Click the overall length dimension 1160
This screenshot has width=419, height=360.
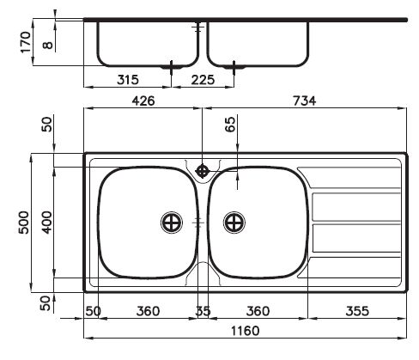[x=245, y=330]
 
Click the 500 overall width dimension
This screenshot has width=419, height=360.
[x=24, y=222]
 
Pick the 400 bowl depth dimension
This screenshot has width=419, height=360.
[x=46, y=222]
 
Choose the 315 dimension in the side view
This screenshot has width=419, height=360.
[x=127, y=80]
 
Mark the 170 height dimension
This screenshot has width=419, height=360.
[x=24, y=40]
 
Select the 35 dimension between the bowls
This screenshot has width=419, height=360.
[x=203, y=310]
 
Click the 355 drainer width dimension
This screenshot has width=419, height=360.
[x=360, y=310]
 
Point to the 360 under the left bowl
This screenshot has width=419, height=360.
[x=149, y=310]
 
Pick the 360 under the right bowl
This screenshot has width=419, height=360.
[x=258, y=310]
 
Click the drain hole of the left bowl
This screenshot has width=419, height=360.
[x=172, y=223]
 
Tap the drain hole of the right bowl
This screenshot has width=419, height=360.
[x=234, y=223]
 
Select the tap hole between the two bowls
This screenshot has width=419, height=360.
[x=203, y=170]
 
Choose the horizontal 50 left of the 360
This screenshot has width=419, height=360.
[x=93, y=310]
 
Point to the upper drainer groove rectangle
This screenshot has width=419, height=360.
[x=353, y=207]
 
